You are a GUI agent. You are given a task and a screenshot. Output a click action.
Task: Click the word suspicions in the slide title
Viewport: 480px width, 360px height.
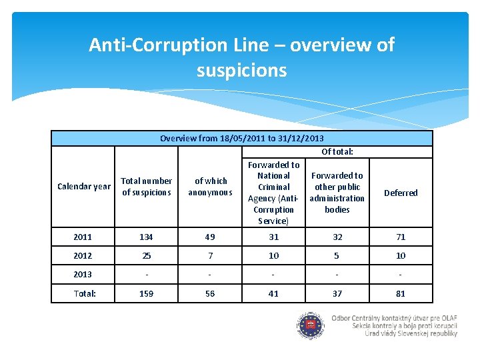coord(242,71)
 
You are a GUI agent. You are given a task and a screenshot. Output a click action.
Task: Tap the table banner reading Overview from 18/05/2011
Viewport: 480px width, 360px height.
coord(242,139)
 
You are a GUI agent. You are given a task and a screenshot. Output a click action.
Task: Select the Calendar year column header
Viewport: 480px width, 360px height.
coord(84,187)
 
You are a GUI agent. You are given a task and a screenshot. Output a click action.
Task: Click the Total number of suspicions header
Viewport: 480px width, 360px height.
coord(146,187)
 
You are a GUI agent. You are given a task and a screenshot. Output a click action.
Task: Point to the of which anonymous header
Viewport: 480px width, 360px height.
coord(210,187)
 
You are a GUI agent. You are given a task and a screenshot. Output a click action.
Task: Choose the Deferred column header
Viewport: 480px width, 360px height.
coord(401,193)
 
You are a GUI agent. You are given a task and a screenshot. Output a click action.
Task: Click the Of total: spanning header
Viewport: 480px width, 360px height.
coord(337,151)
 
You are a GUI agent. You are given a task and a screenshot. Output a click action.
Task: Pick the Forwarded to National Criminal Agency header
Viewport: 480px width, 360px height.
coord(274,193)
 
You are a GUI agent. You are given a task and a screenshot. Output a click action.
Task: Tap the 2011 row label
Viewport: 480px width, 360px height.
coord(83,237)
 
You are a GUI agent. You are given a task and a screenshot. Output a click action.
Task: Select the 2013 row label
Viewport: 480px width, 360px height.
coord(83,274)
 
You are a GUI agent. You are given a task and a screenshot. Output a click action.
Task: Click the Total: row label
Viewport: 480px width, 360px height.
coord(85,293)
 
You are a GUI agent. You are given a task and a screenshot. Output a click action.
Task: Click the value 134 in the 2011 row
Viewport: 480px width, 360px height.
coord(146,237)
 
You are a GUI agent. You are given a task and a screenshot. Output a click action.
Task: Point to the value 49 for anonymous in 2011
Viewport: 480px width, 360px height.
coord(210,237)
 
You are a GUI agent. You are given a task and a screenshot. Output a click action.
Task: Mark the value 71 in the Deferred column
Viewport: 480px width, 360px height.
coord(401,237)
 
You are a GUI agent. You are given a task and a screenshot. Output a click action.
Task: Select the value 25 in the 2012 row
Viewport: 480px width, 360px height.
coord(146,255)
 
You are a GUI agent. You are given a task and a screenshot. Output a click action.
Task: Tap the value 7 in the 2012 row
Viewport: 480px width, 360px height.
coord(210,255)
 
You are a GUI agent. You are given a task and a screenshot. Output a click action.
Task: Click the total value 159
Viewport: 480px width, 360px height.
coord(146,293)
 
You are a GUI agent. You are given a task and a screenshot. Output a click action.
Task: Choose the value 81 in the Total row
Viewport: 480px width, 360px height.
coord(401,293)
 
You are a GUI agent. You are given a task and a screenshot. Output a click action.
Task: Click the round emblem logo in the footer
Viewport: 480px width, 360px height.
coord(311,326)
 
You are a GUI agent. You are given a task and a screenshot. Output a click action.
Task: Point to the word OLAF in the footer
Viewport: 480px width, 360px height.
coord(449,318)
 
